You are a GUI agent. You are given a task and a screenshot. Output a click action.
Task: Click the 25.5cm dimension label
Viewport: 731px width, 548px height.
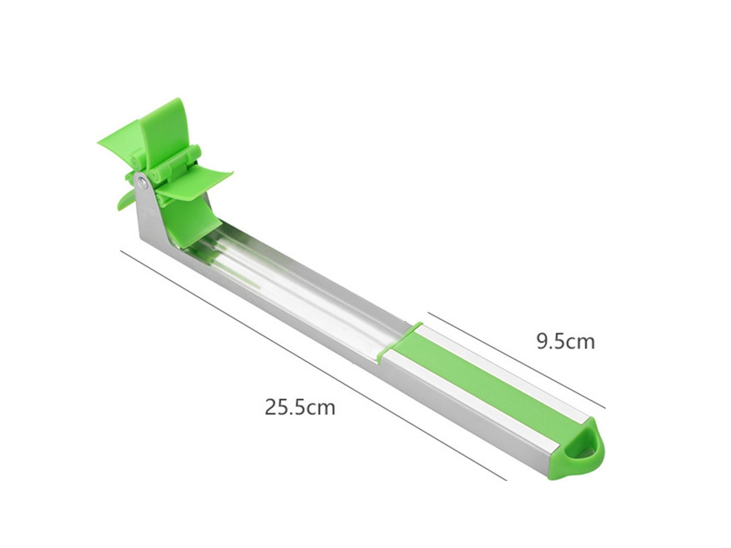click(299, 406)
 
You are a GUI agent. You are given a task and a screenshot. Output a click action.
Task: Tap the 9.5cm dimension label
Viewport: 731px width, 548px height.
click(566, 342)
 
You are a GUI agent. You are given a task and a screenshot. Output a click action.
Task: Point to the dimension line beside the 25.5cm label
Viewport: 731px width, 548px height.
click(314, 365)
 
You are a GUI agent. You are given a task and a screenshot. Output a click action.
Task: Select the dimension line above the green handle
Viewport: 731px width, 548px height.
click(517, 360)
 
